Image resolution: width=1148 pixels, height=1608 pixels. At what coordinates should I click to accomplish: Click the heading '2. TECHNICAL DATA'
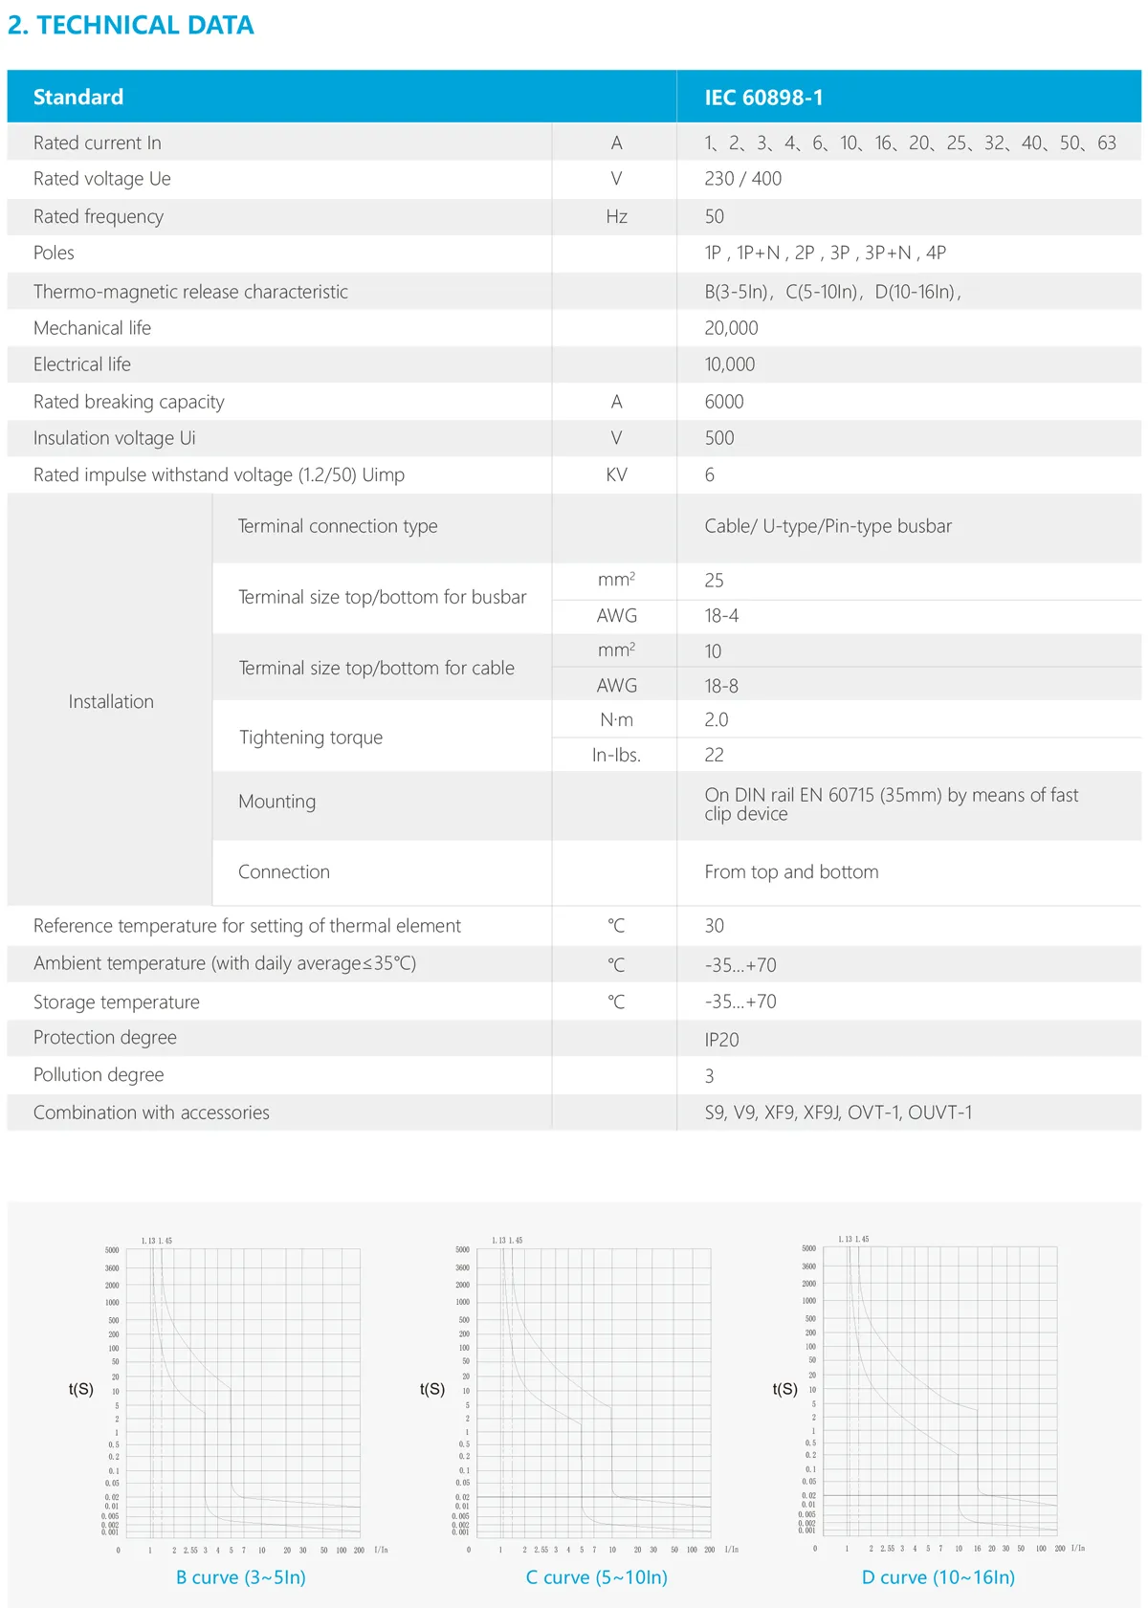tap(131, 25)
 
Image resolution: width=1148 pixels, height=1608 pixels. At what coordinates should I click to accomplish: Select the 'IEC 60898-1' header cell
tap(763, 98)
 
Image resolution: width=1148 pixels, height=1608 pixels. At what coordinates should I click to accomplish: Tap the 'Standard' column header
tap(78, 98)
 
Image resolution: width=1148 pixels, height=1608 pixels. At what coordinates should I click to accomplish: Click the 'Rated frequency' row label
tap(99, 216)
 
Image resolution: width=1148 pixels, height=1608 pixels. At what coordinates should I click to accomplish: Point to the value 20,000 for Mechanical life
tap(731, 328)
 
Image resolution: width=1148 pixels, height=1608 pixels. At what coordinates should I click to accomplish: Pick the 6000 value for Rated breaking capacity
tap(724, 402)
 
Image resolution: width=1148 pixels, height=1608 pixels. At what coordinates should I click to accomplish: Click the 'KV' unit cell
tap(616, 475)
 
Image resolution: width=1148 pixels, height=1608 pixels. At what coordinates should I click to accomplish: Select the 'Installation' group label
tap(111, 702)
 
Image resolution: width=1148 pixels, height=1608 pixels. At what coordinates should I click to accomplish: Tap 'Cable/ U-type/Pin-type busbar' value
tap(828, 526)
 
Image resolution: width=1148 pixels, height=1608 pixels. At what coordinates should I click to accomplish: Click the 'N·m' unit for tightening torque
tap(616, 720)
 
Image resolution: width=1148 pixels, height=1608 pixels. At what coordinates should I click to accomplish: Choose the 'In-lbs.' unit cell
tap(616, 756)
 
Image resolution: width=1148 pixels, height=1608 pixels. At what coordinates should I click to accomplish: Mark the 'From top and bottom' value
tap(791, 872)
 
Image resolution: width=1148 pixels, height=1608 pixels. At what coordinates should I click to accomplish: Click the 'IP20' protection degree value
tap(721, 1040)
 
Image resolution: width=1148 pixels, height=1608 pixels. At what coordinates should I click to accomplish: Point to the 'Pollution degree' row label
tap(99, 1075)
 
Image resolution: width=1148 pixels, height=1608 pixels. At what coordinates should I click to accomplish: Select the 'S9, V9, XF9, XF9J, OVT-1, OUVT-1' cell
tap(838, 1112)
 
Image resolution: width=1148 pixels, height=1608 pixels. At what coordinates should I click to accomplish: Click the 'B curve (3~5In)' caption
tap(241, 1577)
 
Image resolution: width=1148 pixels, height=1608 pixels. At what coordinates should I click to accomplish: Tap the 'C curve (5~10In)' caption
tap(597, 1577)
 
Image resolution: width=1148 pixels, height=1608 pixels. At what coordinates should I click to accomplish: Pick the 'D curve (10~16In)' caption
tap(938, 1577)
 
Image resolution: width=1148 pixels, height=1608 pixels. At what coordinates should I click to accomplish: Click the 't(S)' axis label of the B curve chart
tap(81, 1389)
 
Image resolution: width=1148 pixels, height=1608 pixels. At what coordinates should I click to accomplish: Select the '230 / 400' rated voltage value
tap(743, 179)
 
